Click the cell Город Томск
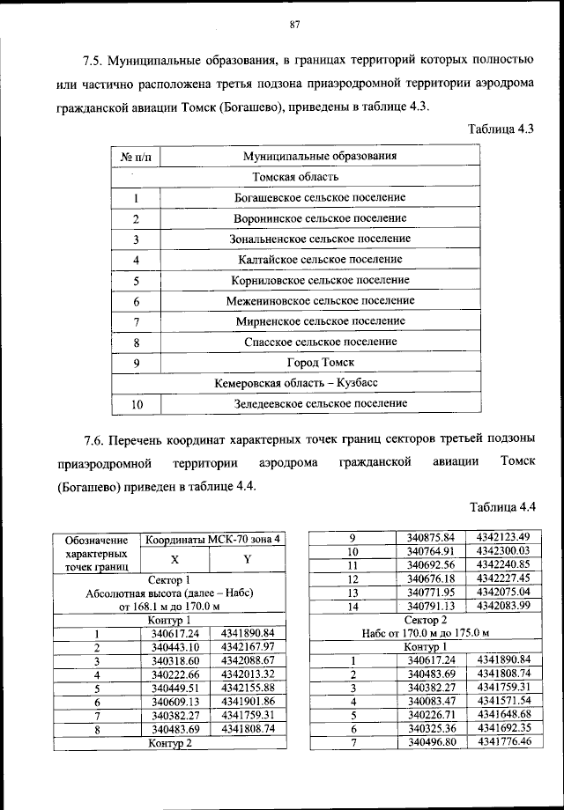320,362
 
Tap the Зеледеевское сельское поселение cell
320,404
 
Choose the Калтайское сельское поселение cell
320,260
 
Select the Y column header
247,559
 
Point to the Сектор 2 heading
426,620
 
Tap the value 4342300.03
502,550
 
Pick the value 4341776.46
502,742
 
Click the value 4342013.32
249,674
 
